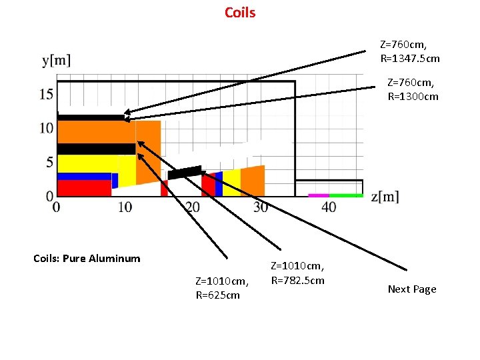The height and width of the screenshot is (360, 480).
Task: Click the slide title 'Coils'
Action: click(240, 13)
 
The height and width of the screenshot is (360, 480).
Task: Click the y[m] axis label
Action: click(57, 61)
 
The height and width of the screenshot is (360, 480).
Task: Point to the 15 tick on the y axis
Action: click(46, 94)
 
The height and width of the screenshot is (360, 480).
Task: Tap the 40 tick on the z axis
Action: click(329, 207)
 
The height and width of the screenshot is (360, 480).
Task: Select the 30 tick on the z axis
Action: click(260, 207)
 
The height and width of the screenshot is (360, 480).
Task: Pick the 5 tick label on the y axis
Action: click(49, 162)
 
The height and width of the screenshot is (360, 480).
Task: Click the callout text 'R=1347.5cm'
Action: click(410, 59)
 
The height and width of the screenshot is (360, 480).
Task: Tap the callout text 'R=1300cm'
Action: click(413, 96)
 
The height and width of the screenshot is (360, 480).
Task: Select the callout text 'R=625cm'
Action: click(217, 295)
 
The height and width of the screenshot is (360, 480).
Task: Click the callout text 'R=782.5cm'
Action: click(297, 280)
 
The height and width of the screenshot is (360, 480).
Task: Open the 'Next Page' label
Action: click(412, 289)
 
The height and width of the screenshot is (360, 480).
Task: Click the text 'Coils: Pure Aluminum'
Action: click(87, 259)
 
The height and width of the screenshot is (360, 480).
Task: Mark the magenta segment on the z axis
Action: click(318, 195)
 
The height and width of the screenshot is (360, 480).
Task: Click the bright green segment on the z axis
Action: click(345, 195)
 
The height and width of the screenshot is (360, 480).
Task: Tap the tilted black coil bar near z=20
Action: click(185, 173)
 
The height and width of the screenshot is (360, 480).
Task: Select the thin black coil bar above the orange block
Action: click(91, 117)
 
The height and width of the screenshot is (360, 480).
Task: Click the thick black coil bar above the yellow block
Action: click(96, 149)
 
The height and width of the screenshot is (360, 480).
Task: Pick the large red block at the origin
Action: click(83, 188)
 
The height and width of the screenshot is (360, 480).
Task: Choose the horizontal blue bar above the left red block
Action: click(84, 177)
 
